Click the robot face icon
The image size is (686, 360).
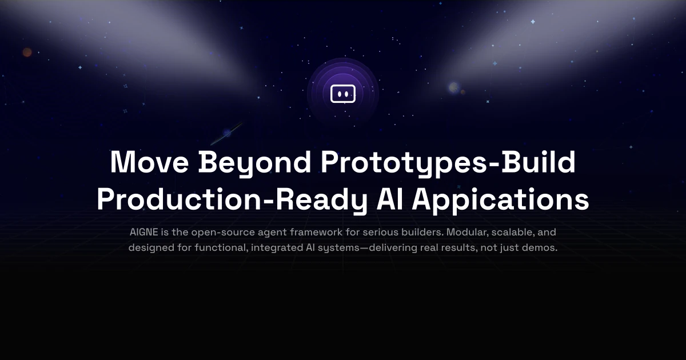point(343,94)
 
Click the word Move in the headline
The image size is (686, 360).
point(149,162)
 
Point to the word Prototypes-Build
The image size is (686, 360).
point(448,163)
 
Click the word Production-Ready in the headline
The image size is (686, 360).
point(232,200)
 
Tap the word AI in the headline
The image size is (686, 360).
point(389,199)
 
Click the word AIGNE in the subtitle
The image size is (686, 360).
point(144,232)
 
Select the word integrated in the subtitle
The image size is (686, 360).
point(277,247)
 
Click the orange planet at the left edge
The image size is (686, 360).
point(27,52)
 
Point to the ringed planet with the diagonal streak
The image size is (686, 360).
point(227,133)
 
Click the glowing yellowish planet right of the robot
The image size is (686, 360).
point(454,87)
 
